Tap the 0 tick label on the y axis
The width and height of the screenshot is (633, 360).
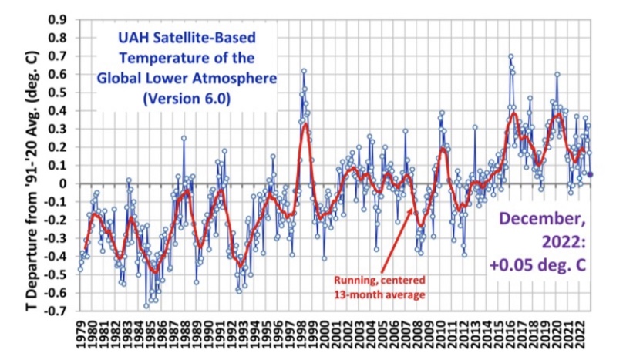(x=62, y=183)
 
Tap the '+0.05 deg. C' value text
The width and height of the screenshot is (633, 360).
(x=543, y=265)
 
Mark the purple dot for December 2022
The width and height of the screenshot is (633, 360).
(x=591, y=174)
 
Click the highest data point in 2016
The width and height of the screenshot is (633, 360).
(x=510, y=56)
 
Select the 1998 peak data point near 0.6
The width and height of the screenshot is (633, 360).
(x=305, y=71)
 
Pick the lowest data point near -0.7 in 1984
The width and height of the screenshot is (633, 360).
(x=146, y=306)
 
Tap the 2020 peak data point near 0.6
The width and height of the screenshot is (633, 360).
(x=557, y=74)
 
